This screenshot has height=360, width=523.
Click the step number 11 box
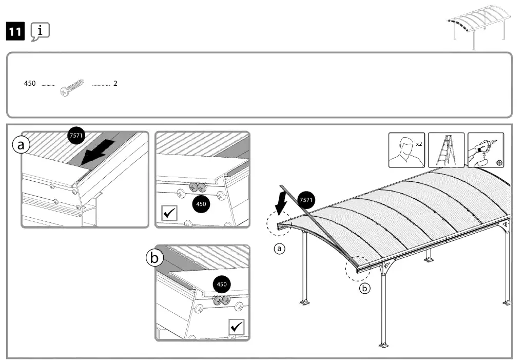(15, 32)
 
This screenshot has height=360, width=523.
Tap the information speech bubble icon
(40, 32)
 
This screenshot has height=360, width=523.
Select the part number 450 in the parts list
(30, 83)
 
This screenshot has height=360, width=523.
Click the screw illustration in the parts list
(72, 87)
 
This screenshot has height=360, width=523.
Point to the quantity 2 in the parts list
(115, 83)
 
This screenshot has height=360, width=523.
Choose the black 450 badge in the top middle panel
(201, 204)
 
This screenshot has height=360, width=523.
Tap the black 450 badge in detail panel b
(222, 284)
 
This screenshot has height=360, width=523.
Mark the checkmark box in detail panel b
(236, 326)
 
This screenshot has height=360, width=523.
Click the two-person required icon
(406, 150)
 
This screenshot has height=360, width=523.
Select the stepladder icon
(445, 150)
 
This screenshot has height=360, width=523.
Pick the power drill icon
(485, 150)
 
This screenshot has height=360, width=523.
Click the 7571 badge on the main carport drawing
(306, 199)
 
